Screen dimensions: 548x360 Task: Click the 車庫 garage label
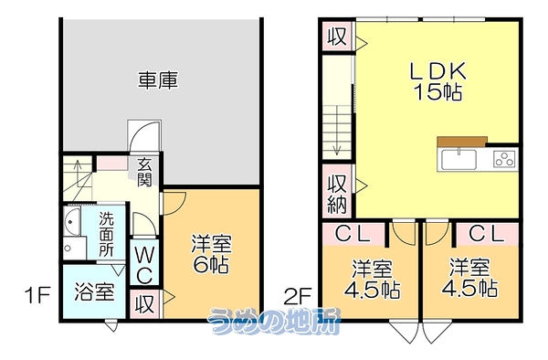click(x=158, y=80)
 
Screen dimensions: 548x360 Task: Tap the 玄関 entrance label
click(x=144, y=173)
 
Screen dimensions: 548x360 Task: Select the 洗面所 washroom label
click(x=106, y=234)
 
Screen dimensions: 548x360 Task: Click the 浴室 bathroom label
click(x=94, y=291)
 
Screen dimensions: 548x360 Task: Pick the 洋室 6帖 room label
click(x=211, y=254)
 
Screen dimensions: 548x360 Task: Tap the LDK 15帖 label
click(x=437, y=81)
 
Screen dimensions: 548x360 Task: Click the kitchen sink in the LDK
click(x=458, y=160)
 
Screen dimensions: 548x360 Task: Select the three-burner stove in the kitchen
click(x=505, y=159)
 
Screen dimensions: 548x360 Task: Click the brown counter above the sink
click(x=462, y=142)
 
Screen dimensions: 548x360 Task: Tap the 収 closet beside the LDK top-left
click(x=337, y=36)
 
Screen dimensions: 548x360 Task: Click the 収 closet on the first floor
click(x=144, y=303)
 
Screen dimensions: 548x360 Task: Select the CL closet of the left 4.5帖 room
click(x=353, y=234)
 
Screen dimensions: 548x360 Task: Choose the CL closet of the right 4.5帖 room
click(x=487, y=234)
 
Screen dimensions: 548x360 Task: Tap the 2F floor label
click(x=298, y=296)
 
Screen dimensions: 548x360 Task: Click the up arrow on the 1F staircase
click(x=78, y=170)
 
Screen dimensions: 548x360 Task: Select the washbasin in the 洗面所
click(x=71, y=222)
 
